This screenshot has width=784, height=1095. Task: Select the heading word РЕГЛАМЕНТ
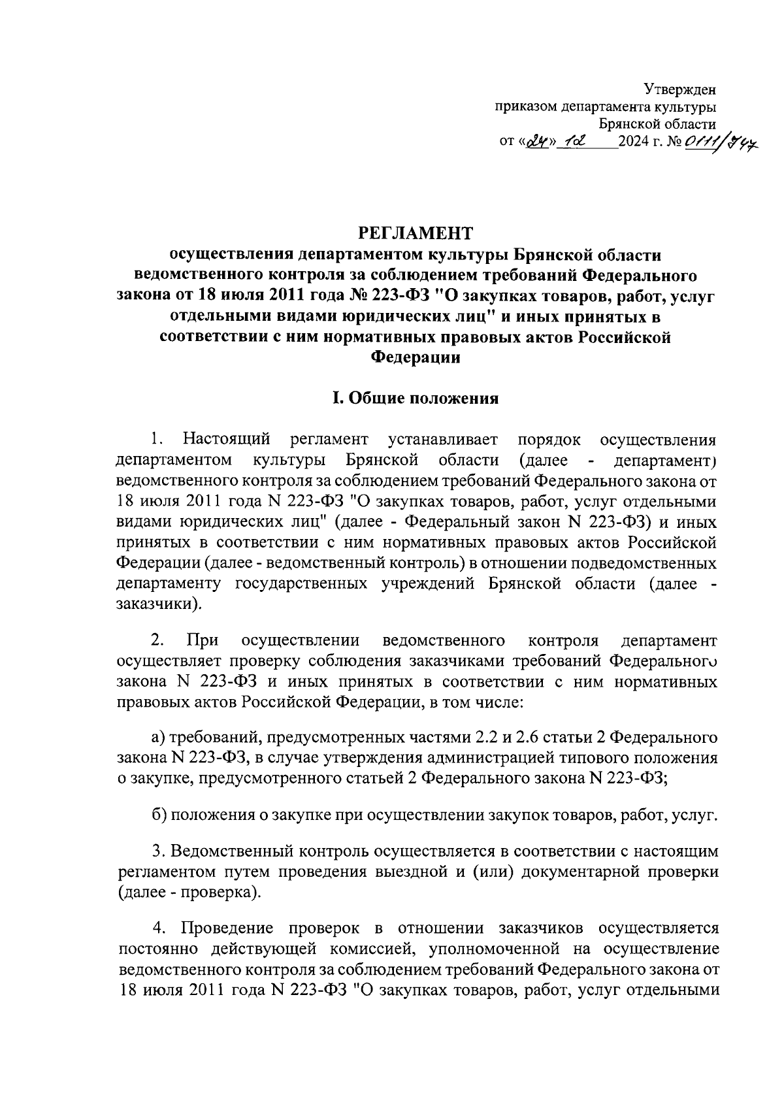[x=415, y=233]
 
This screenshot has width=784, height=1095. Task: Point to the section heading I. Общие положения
[x=415, y=399]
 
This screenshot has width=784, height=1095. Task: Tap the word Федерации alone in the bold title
[x=415, y=357]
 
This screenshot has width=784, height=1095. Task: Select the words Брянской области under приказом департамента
[x=657, y=123]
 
